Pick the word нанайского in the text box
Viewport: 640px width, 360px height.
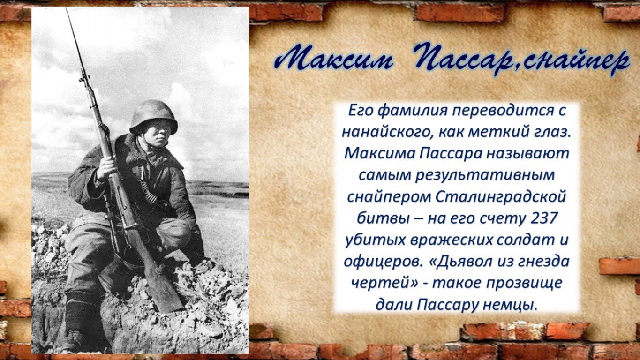(x=386, y=132)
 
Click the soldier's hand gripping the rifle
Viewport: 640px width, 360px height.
(x=106, y=169)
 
